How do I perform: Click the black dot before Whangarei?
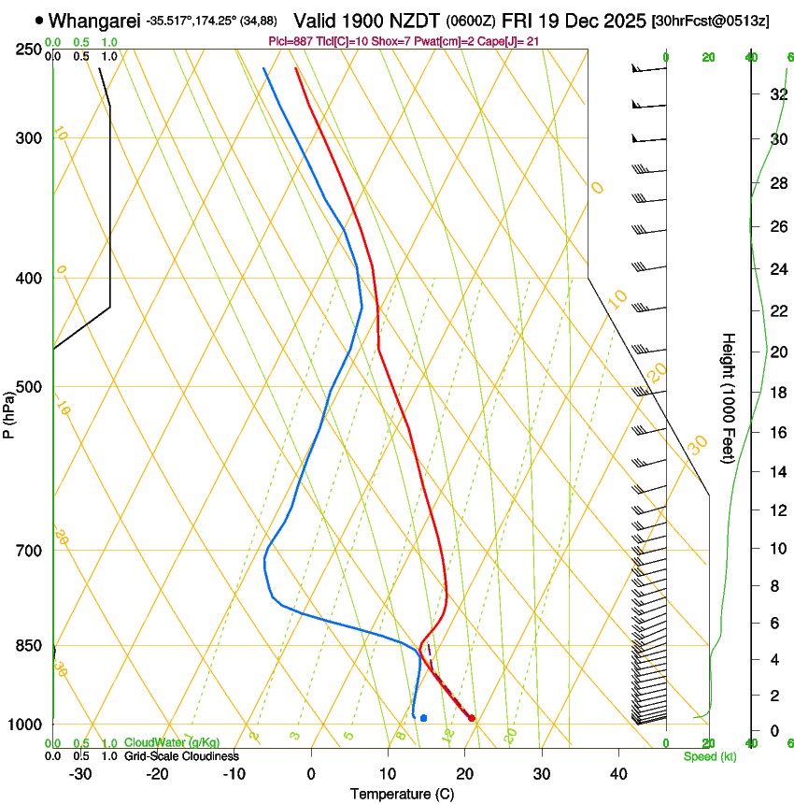pyautogui.click(x=38, y=19)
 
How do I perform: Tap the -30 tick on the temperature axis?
pyautogui.click(x=80, y=774)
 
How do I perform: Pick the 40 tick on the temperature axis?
pyautogui.click(x=617, y=774)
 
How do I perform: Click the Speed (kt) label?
pyautogui.click(x=710, y=756)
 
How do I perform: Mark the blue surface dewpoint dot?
pyautogui.click(x=424, y=718)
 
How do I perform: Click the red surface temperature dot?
pyautogui.click(x=472, y=718)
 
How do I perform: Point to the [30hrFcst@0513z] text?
pyautogui.click(x=710, y=21)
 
